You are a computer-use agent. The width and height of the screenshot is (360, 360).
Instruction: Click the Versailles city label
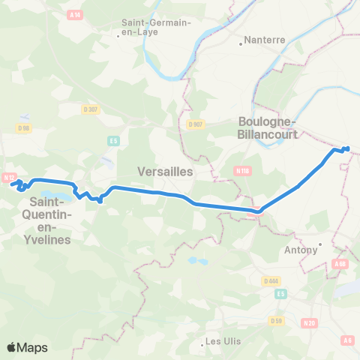(166, 171)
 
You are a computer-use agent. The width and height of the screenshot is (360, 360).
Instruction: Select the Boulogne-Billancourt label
(268, 128)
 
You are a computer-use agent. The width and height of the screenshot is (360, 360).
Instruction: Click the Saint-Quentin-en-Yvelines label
(50, 220)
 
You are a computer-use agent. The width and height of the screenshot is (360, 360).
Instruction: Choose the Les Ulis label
(223, 342)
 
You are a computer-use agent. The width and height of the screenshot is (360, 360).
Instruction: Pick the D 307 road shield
(91, 109)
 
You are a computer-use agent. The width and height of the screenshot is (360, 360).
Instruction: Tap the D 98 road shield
(24, 127)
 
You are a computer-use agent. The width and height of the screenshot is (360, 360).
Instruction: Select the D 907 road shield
(196, 124)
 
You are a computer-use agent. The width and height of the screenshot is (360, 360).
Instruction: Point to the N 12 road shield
(9, 178)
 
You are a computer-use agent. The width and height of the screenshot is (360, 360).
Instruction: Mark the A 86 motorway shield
(341, 264)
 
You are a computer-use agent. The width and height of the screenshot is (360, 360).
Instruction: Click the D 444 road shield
(271, 280)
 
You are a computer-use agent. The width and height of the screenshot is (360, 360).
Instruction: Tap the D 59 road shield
(275, 321)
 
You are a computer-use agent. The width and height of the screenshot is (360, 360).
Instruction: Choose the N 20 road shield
(308, 323)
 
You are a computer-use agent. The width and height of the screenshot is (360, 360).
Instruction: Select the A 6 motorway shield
(347, 340)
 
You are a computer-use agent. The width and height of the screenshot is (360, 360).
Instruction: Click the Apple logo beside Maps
(12, 347)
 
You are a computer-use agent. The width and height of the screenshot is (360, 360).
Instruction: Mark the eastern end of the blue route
(347, 148)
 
